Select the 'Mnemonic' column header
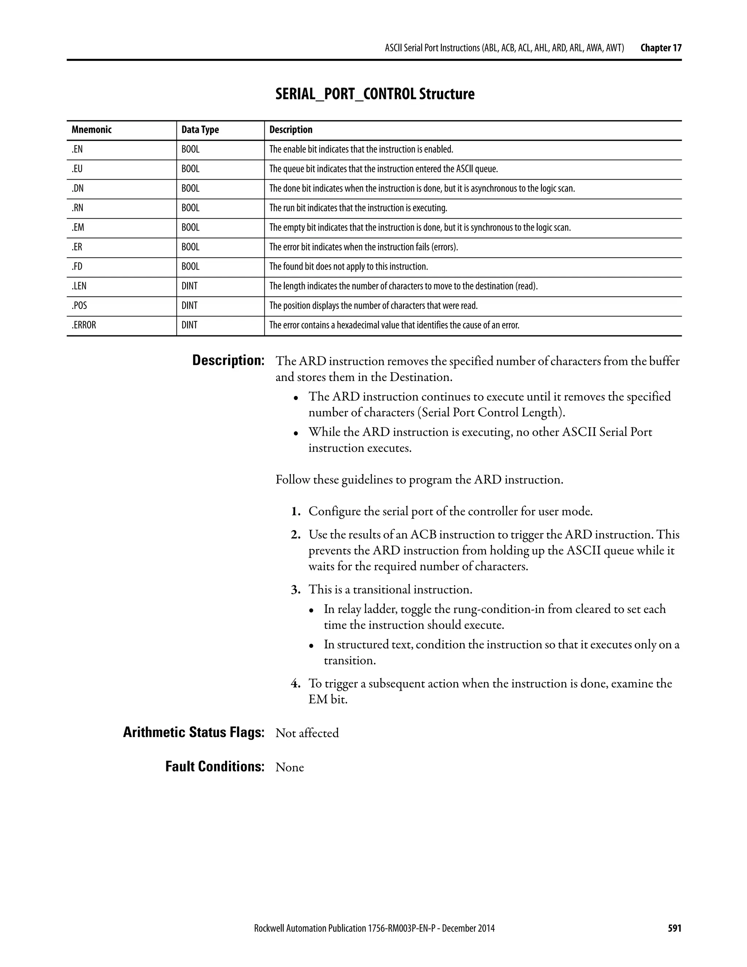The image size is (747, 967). point(92,130)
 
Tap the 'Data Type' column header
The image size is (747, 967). point(200,130)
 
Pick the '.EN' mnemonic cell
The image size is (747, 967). point(77,150)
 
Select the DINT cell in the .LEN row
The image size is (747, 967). point(189,286)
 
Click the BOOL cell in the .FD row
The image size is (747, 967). point(190,266)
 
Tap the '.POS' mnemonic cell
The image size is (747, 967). point(79,305)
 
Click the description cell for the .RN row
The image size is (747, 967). point(358,208)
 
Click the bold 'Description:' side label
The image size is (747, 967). point(228,361)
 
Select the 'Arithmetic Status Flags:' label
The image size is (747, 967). point(193,733)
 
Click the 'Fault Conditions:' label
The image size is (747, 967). point(214,766)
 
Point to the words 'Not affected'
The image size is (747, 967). point(307,733)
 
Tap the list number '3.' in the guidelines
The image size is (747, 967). point(295,590)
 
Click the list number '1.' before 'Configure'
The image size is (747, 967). point(295,512)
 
